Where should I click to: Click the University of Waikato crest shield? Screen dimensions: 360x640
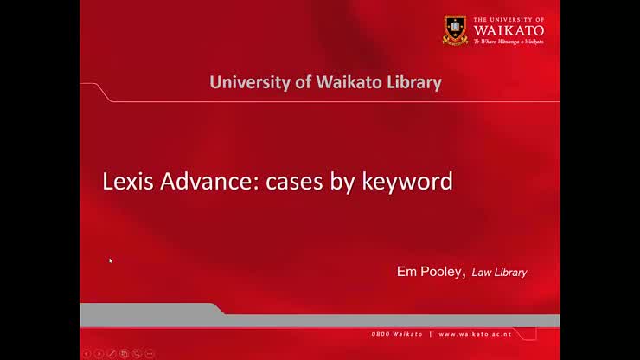click(455, 30)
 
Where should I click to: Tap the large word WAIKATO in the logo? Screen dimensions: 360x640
click(509, 29)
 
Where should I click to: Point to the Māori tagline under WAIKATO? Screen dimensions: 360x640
click(509, 41)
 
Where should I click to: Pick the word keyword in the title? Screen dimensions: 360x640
click(408, 183)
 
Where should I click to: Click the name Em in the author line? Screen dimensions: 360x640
click(406, 272)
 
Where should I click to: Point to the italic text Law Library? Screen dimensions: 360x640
click(499, 273)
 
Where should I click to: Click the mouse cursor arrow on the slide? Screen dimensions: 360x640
click(111, 260)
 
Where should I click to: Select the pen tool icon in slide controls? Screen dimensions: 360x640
click(112, 353)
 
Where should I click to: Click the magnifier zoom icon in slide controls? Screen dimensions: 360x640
click(137, 353)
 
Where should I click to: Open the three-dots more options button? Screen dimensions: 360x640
click(150, 353)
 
